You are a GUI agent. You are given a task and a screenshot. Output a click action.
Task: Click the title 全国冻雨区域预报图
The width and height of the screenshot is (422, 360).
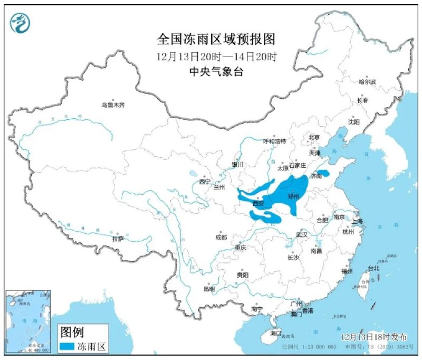pyautogui.click(x=216, y=39)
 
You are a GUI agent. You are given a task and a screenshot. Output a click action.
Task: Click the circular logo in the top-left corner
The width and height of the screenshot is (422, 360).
pyautogui.click(x=20, y=22)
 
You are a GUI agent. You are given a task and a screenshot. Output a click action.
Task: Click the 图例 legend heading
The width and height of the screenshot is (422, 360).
pyautogui.click(x=73, y=331)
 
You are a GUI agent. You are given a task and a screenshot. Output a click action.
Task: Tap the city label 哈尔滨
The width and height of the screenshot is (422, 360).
pyautogui.click(x=369, y=82)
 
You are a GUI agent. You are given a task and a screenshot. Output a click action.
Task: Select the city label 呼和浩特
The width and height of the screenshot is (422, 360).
pyautogui.click(x=274, y=141)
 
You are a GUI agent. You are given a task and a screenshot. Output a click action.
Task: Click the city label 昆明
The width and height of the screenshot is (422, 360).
pyautogui.click(x=208, y=289)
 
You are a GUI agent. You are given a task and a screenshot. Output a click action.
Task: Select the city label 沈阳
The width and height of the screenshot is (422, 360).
pyautogui.click(x=353, y=122)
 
